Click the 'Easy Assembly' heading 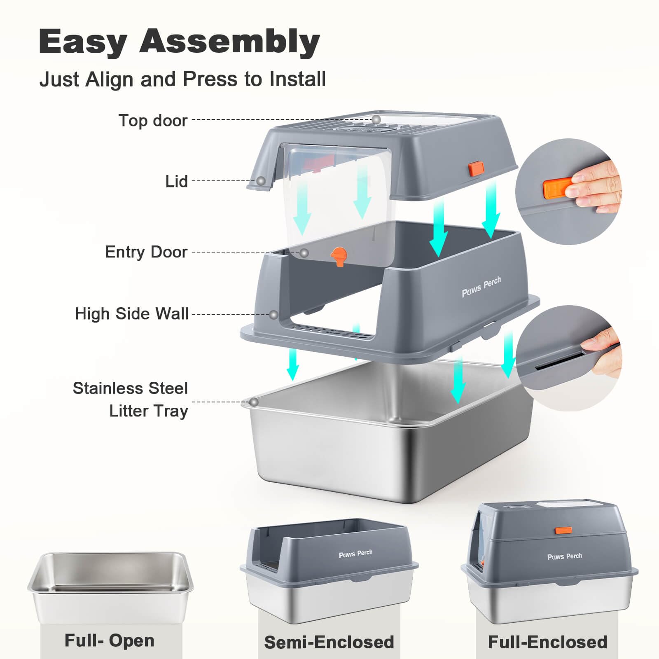coord(179,42)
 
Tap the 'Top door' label coord(153,121)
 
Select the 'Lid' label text coord(176,181)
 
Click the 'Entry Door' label coord(146,252)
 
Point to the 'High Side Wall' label coord(131,314)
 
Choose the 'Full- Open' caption coord(110,640)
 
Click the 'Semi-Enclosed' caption coord(329,642)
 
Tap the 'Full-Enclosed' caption coord(547,642)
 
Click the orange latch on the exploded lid coord(476,169)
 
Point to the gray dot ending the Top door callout coord(376,119)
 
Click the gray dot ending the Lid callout coord(261,181)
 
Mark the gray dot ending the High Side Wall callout coord(273,315)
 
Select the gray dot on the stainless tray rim coord(254,402)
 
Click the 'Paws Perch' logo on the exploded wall coord(481,287)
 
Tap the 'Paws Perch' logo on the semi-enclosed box coord(355,554)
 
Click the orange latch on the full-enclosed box coord(563,530)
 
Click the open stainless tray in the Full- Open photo coord(110,585)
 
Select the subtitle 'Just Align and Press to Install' coord(182,79)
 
